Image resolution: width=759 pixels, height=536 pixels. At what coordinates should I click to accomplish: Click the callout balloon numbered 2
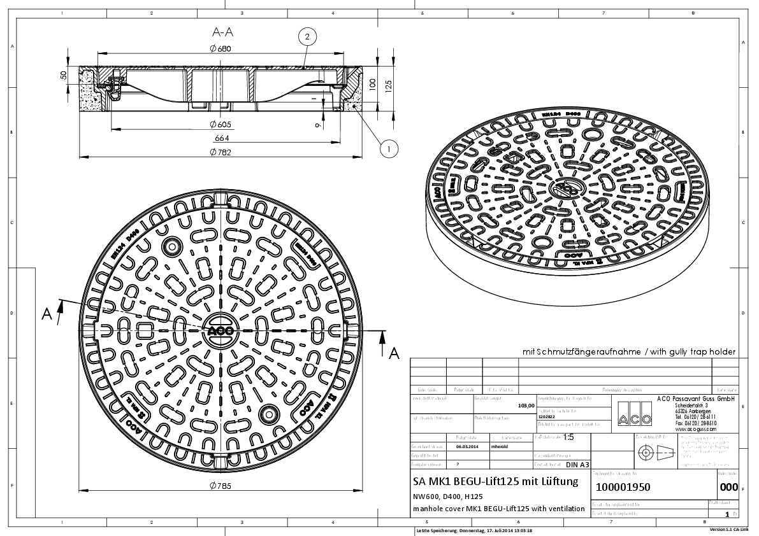tap(307, 38)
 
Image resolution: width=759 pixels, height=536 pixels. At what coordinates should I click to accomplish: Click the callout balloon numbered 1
tap(388, 148)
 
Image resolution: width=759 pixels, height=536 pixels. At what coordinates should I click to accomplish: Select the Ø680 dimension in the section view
tap(219, 48)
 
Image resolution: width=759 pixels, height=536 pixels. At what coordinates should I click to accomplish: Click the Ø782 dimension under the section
tap(219, 152)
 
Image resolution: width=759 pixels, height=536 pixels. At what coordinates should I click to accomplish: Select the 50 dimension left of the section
tap(64, 74)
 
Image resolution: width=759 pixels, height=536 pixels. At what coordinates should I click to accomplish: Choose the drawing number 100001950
tap(623, 488)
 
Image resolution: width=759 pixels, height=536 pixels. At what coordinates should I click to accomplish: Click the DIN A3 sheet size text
tap(577, 465)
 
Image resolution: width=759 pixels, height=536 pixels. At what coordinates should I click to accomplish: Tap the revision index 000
tap(728, 488)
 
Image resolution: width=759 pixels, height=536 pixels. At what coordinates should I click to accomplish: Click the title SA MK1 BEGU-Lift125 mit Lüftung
tap(496, 481)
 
